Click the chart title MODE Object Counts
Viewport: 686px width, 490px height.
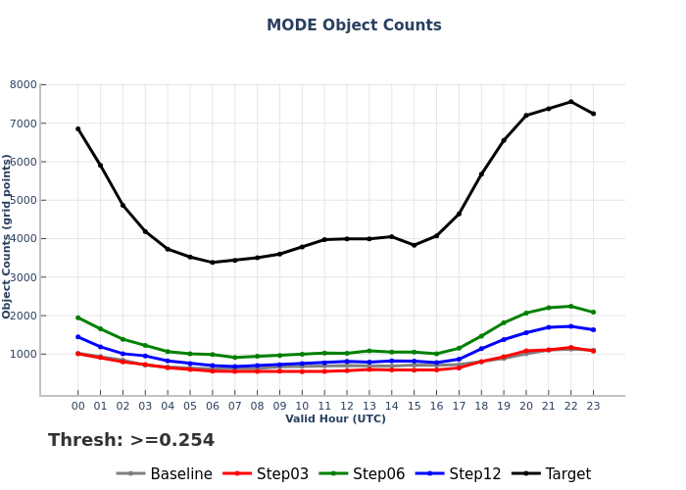[x=354, y=25]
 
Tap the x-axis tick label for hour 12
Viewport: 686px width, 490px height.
[x=347, y=406]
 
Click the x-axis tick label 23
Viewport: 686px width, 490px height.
[x=593, y=406]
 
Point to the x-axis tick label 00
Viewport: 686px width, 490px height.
[x=78, y=406]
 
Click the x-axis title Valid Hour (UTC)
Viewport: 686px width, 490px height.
[x=335, y=419]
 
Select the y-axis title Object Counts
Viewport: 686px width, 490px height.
[x=8, y=235]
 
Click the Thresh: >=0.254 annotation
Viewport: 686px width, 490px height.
[x=131, y=441]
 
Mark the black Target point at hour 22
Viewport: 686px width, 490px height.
[x=570, y=102]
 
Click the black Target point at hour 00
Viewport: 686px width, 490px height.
[x=78, y=128]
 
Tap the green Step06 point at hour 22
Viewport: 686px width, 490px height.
[x=570, y=306]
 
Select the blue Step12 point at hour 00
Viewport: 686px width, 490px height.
[x=78, y=337]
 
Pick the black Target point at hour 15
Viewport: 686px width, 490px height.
[x=414, y=245]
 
